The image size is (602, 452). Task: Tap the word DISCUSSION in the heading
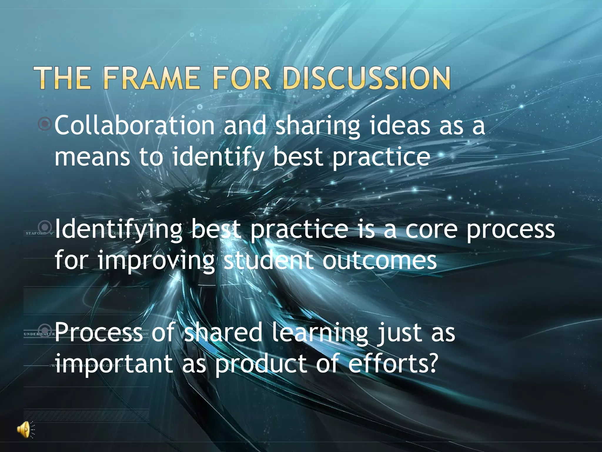(366, 78)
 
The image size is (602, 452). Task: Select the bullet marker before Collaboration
(45, 124)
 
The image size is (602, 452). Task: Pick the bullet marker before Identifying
(45, 227)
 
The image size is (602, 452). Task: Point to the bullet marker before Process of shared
(45, 329)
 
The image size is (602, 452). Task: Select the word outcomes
(379, 261)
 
